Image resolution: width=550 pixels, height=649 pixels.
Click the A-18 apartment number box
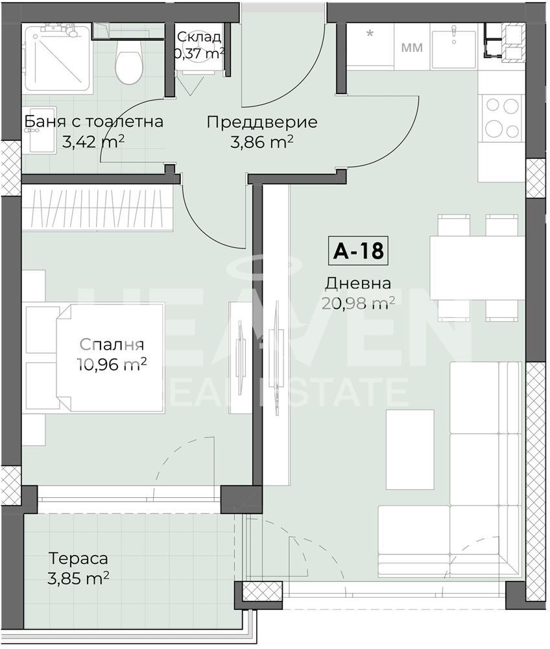[x=358, y=251]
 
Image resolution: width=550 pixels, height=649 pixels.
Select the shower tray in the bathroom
[x=57, y=58]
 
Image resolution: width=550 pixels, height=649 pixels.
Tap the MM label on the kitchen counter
[x=412, y=47]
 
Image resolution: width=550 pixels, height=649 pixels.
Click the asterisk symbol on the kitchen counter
[x=370, y=33]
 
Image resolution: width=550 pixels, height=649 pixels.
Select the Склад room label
[x=199, y=36]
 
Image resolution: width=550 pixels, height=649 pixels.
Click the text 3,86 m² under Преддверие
[x=262, y=142]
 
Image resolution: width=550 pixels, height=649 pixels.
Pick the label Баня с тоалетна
[x=94, y=122]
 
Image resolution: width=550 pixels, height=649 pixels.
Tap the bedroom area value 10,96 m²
[x=112, y=364]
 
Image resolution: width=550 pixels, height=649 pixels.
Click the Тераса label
[x=78, y=558]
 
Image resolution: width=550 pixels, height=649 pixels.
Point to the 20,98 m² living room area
[x=358, y=303]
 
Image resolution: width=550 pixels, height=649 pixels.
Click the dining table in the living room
[x=478, y=267]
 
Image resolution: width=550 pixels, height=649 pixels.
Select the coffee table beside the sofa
[x=410, y=449]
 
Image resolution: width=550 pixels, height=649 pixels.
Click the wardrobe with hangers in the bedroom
[x=97, y=208]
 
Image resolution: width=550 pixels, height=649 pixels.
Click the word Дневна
[x=358, y=284]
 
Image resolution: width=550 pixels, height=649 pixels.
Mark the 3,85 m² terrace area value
[x=78, y=578]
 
